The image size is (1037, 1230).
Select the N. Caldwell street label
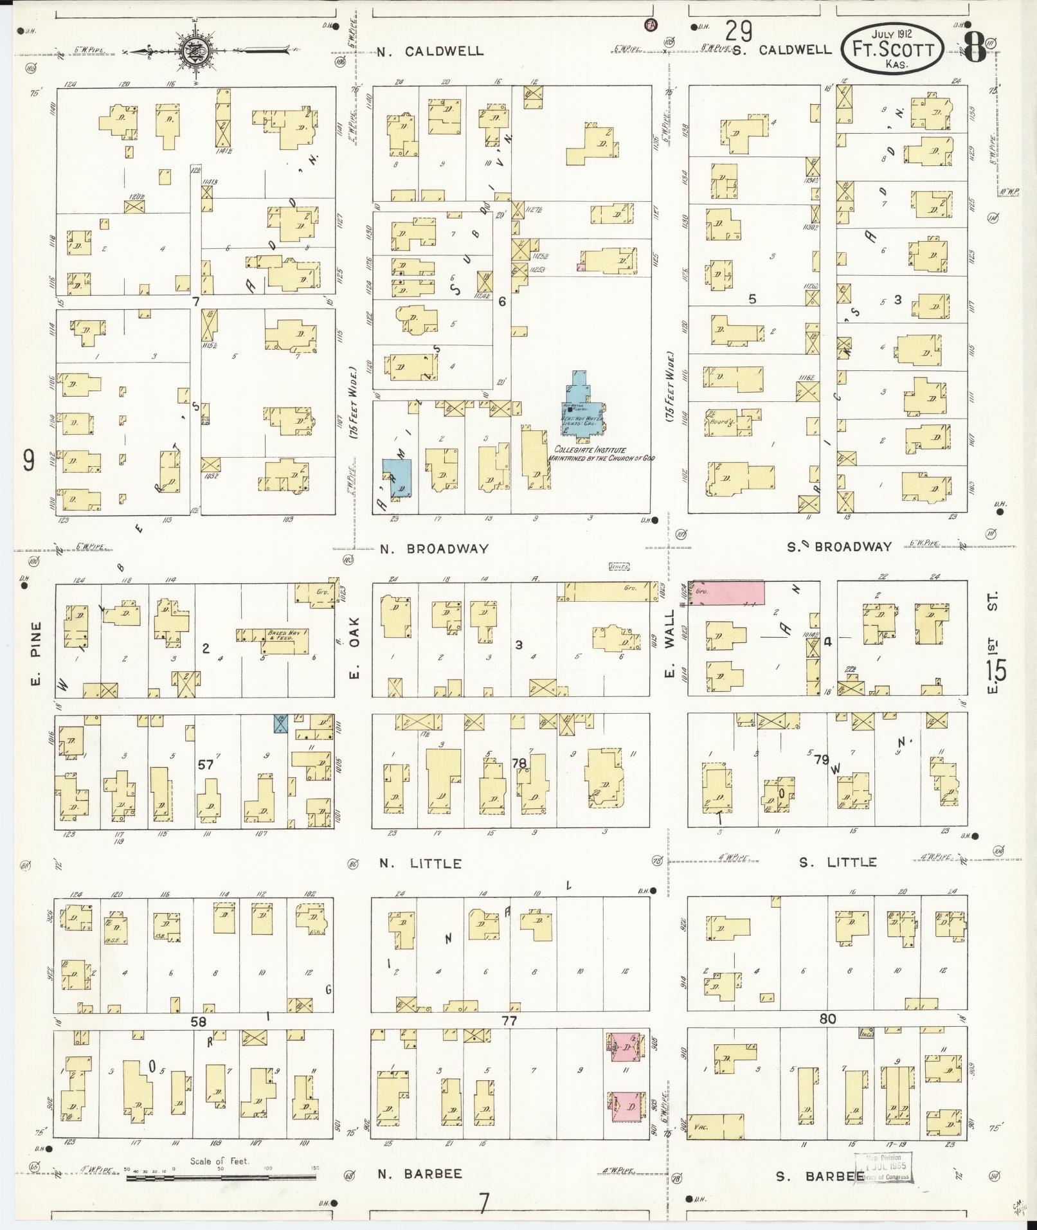(430, 51)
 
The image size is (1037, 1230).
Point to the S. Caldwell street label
(782, 50)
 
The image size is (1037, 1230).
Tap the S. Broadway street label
(840, 547)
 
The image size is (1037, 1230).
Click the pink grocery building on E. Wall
(728, 592)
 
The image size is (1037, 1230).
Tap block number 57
(205, 764)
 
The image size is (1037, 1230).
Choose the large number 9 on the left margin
(28, 460)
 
